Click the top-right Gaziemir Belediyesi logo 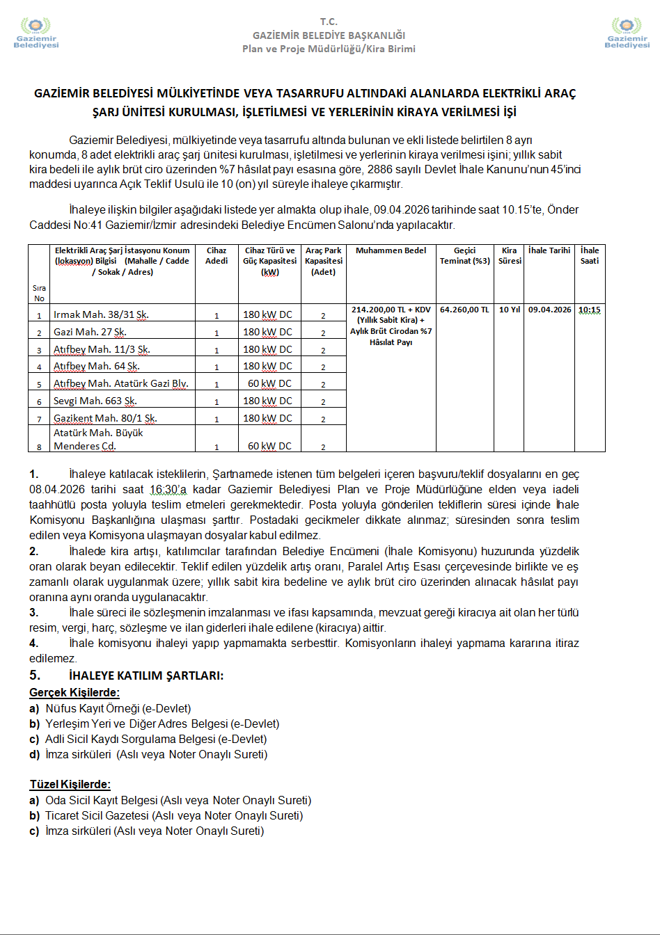[627, 33]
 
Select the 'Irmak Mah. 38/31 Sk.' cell [101, 314]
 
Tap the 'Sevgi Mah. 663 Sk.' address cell [95, 401]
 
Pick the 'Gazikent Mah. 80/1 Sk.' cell [105, 418]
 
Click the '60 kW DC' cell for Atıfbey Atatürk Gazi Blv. [269, 383]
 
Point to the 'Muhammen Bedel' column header [391, 250]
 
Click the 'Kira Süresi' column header [510, 255]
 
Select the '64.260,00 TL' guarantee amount [464, 310]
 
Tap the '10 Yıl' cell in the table [510, 310]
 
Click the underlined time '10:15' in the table [589, 310]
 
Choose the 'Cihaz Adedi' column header [217, 255]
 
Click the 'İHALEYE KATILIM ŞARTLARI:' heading [146, 676]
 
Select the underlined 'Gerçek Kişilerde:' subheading [74, 692]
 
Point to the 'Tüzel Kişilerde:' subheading [70, 784]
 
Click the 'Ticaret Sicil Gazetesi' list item [174, 815]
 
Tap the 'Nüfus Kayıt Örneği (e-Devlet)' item [118, 708]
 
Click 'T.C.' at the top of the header [329, 22]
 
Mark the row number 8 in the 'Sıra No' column [40, 447]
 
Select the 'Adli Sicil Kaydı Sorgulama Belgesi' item [155, 739]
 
